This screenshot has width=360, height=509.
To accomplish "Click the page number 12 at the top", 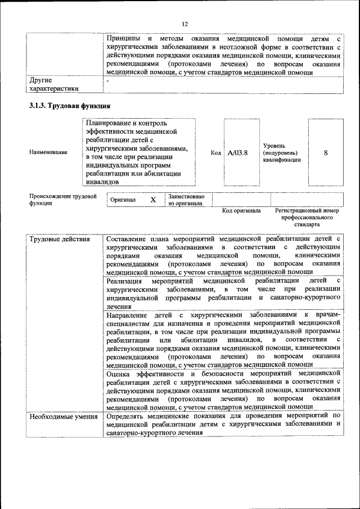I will point(184,23).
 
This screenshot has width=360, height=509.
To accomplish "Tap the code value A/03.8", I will point(237,152).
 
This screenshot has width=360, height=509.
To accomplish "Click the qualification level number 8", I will point(326,152).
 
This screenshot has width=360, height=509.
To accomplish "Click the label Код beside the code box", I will point(215,152).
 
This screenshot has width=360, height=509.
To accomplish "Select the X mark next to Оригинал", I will point(152,200).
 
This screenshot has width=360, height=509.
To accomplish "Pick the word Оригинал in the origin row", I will point(123,200).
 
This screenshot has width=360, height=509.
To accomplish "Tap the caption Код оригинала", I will point(241,211).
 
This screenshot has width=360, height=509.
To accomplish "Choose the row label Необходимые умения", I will point(63,416).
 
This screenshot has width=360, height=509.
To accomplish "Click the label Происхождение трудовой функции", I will point(62,200).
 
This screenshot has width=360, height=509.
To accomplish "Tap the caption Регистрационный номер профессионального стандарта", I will point(307,217).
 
